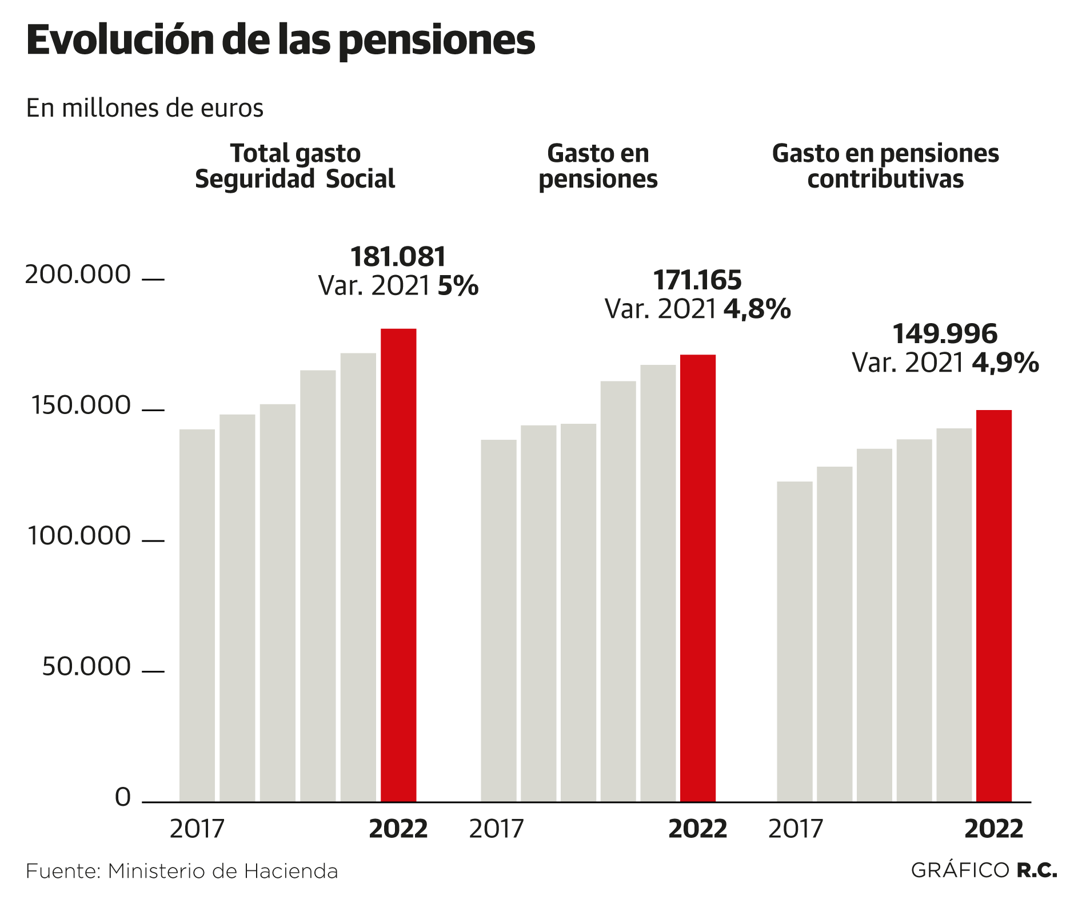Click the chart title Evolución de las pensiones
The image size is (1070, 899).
click(x=280, y=40)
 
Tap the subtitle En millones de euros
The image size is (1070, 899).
click(x=145, y=108)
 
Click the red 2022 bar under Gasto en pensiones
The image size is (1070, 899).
click(x=697, y=578)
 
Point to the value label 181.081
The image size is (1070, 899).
click(x=398, y=257)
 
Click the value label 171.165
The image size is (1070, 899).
click(x=697, y=280)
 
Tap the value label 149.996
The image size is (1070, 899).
click(x=944, y=334)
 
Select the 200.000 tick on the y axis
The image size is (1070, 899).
click(x=78, y=275)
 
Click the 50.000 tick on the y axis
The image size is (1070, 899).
click(x=86, y=667)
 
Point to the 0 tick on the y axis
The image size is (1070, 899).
click(x=123, y=797)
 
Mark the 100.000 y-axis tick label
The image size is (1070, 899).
click(x=79, y=536)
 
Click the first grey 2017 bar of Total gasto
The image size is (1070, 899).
click(x=197, y=615)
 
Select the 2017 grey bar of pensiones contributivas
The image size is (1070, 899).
click(x=794, y=641)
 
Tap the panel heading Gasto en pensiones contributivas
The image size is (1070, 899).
click(x=885, y=166)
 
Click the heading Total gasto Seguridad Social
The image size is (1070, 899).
click(x=295, y=166)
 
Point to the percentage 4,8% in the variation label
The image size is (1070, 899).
click(x=757, y=309)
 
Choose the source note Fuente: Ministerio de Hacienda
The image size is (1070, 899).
click(x=182, y=871)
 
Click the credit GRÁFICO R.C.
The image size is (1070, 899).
click(x=983, y=870)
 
